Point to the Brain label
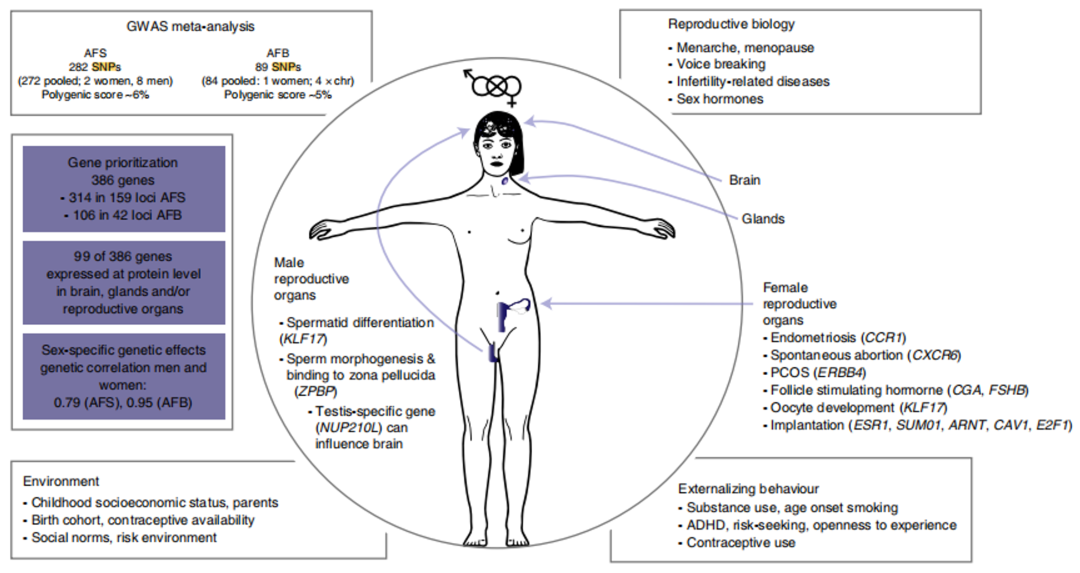pos(744,181)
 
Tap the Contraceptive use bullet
pos(741,543)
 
